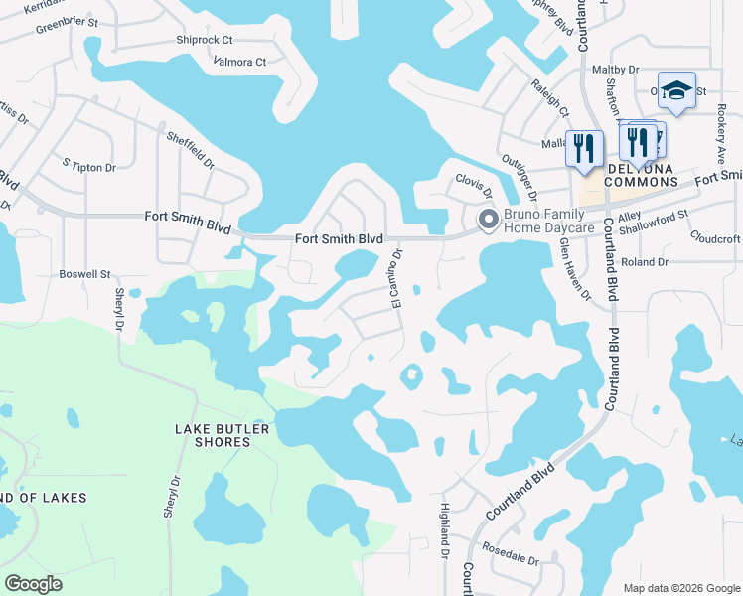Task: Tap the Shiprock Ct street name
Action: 204,40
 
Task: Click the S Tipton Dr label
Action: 88,167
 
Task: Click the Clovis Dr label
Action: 474,181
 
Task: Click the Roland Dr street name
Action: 645,262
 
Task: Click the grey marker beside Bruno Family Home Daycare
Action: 488,220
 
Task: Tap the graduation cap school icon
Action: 676,91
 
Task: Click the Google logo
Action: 34,584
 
